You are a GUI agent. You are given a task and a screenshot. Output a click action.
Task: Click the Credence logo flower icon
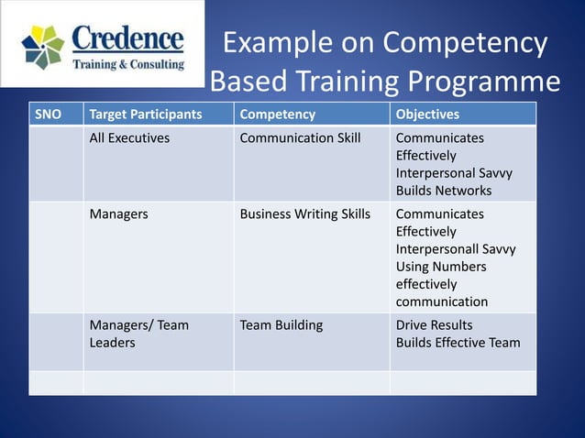(42, 46)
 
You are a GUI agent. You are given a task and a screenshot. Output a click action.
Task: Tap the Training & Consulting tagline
(127, 65)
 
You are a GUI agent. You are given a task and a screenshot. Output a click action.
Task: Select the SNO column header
(49, 115)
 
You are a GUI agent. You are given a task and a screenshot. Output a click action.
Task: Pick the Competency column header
(277, 115)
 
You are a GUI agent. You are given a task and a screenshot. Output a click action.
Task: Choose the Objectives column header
(427, 115)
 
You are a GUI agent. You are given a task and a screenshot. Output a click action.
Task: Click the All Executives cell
(129, 138)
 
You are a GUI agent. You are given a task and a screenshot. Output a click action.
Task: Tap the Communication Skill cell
(300, 138)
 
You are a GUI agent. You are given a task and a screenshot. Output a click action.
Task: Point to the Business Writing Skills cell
(304, 214)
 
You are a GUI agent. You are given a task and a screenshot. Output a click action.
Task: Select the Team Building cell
(281, 325)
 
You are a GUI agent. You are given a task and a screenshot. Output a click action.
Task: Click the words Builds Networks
(444, 191)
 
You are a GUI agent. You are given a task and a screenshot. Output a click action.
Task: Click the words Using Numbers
(441, 267)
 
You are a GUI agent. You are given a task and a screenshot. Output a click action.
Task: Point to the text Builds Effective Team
(458, 343)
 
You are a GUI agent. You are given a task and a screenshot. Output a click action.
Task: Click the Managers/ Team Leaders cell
(138, 334)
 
